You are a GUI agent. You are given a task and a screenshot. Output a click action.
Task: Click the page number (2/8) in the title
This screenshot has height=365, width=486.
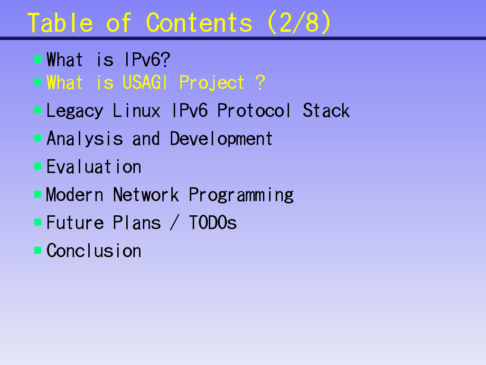point(299,23)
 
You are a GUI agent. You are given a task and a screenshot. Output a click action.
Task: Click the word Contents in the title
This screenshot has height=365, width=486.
point(199,23)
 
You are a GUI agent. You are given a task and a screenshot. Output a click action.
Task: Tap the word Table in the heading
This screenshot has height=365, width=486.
point(60,23)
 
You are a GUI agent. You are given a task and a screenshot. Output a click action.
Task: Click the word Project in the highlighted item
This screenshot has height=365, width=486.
point(212,83)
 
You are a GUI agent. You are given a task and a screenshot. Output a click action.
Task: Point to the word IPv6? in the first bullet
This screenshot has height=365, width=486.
point(147,60)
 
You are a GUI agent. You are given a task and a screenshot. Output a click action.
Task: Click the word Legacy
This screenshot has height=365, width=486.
point(75,111)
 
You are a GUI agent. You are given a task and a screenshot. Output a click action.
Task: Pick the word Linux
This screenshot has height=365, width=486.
point(137,111)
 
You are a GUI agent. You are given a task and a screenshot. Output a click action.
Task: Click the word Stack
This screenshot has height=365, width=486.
point(326,111)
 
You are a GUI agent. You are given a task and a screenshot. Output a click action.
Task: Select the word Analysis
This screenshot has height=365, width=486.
point(84,139)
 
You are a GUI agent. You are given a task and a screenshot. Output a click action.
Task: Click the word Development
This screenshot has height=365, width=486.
point(221,139)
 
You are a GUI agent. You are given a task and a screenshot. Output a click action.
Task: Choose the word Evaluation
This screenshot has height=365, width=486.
point(94,167)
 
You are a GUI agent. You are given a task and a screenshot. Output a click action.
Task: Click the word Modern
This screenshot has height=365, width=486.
point(75,195)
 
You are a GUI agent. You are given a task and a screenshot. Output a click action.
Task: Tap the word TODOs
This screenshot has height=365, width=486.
point(213,222)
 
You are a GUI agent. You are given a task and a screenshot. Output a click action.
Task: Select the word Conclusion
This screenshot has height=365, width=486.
point(94,250)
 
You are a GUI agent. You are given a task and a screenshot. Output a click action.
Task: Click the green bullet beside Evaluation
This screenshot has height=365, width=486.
point(38,166)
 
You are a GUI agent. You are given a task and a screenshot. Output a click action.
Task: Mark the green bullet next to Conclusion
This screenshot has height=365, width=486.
point(38,250)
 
